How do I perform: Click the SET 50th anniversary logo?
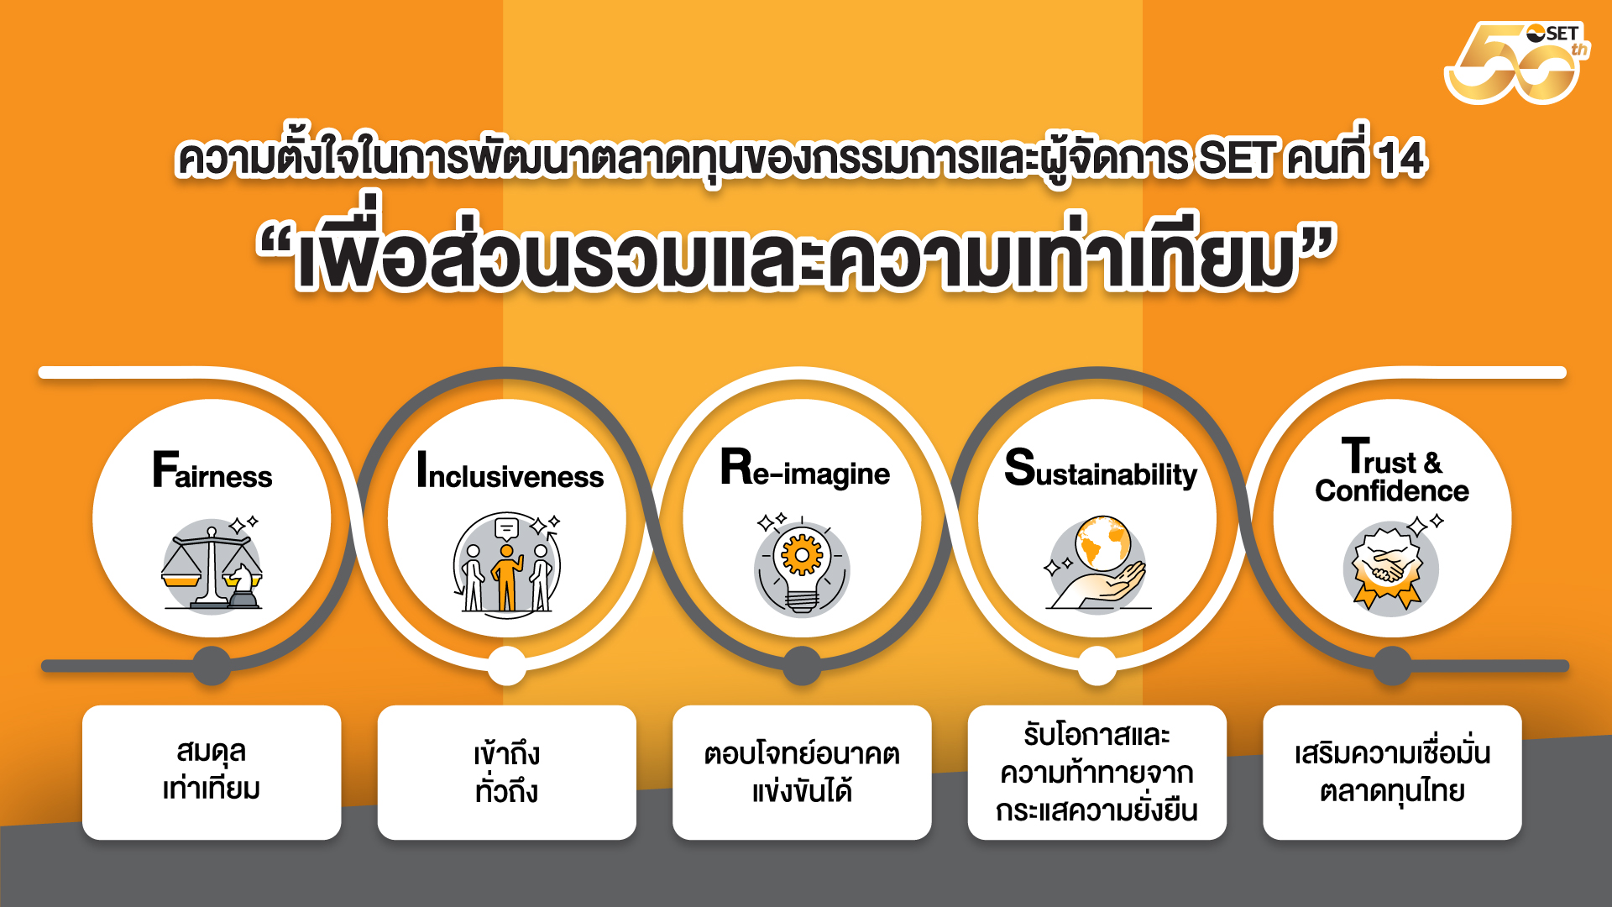point(1516,63)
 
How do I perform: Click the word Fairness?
point(212,470)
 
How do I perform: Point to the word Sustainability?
point(1101,469)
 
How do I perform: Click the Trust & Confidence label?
point(1392,470)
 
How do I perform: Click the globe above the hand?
point(1103,543)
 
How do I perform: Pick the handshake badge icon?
point(1390,565)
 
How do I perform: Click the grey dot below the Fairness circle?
point(212,666)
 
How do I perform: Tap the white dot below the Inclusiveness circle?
point(506,666)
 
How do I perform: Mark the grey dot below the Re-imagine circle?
point(802,666)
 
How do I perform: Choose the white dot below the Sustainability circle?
point(1096,666)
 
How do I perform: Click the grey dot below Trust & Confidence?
point(1392,666)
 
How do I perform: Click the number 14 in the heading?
point(1402,158)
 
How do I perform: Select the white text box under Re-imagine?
point(802,773)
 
